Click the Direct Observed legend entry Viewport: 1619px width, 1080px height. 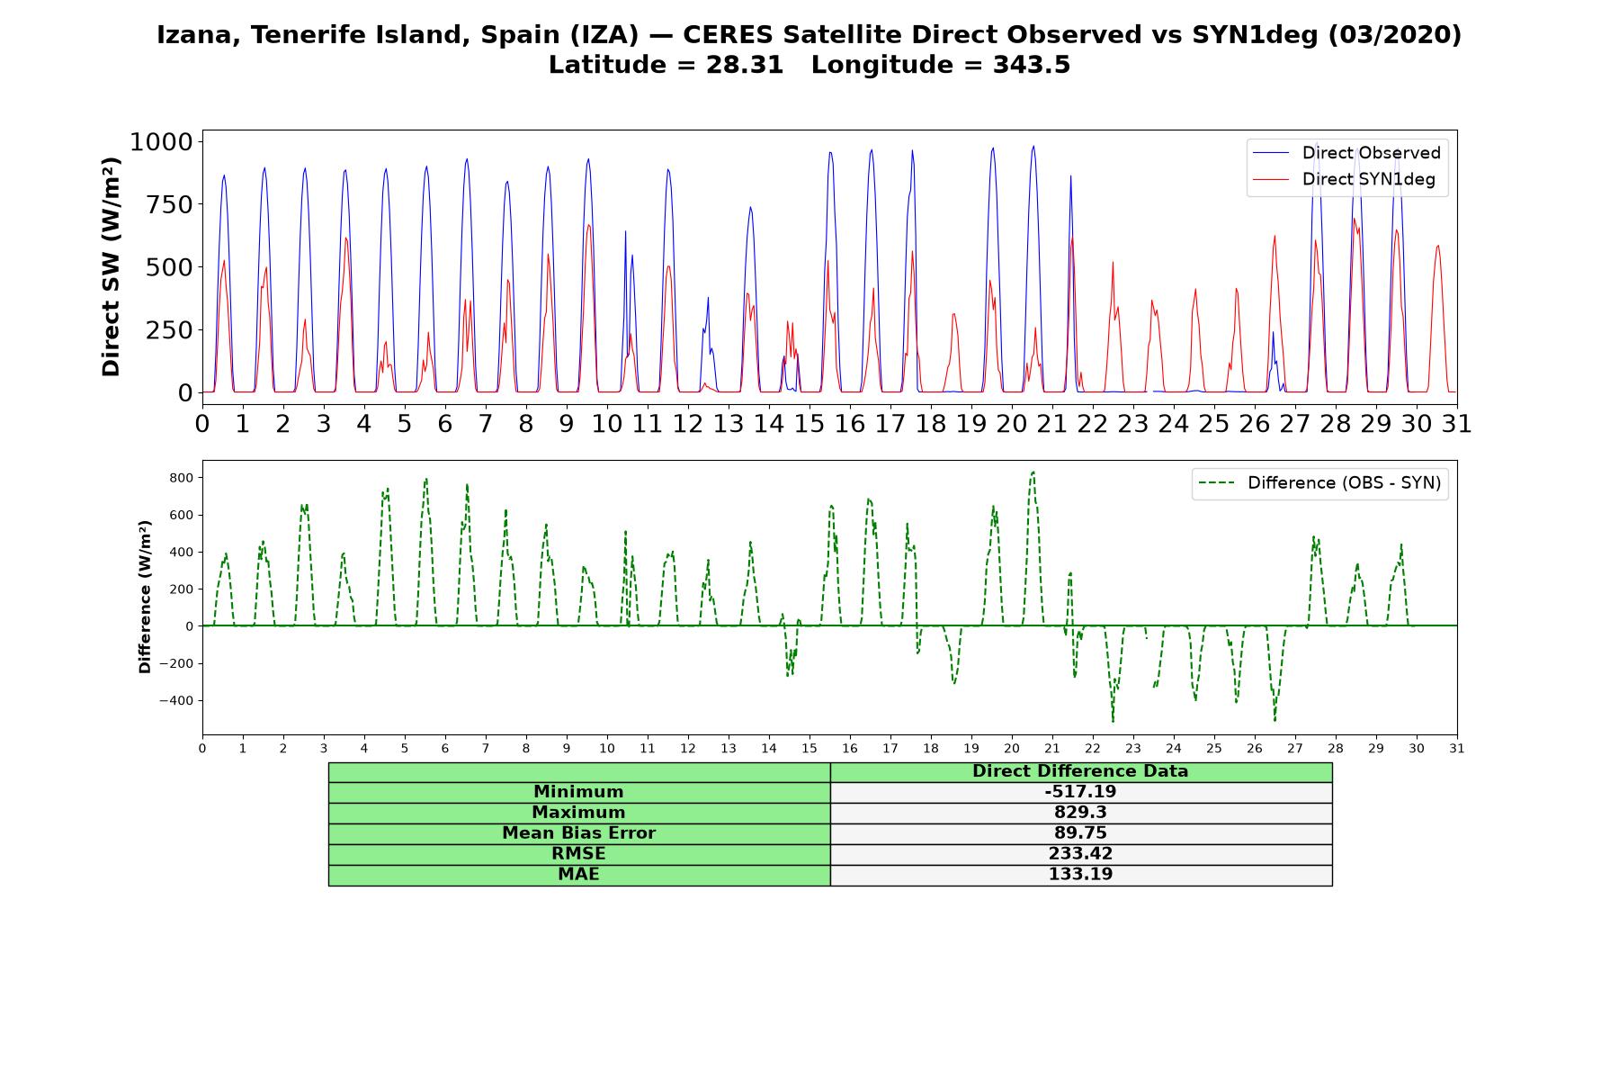tap(1347, 153)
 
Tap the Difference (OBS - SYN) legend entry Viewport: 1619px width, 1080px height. tap(1320, 483)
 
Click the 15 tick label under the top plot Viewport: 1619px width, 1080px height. tap(809, 423)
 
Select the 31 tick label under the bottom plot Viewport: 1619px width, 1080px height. tap(1457, 749)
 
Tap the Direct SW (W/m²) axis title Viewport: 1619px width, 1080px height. tap(111, 266)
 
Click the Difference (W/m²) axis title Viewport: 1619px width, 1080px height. tap(145, 597)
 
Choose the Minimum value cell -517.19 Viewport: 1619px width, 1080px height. tap(1080, 792)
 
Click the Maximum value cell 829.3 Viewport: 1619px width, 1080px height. tap(1080, 813)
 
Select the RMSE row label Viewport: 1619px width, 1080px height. tap(578, 854)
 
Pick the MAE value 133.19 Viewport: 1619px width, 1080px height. tap(1080, 875)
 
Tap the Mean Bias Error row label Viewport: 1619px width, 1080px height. tap(578, 833)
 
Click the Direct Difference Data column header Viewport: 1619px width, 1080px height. tap(1080, 771)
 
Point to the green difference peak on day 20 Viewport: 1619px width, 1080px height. tap(1033, 472)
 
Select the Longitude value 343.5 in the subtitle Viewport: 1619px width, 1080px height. tap(1032, 65)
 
